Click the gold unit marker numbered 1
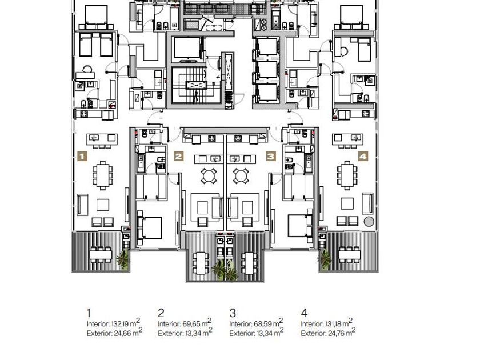pos(82,157)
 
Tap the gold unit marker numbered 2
pos(178,157)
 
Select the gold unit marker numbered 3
pos(271,157)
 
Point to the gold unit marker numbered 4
pos(363,157)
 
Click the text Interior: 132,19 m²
pos(113,323)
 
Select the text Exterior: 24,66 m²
pos(114,333)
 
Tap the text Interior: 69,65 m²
pos(185,323)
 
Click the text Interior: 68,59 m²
pos(256,323)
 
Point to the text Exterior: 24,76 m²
pos(328,333)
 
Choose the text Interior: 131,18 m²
pos(327,323)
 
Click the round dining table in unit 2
pos(209,176)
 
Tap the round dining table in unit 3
pos(241,176)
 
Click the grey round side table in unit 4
pos(369,221)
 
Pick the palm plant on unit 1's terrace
pos(123,259)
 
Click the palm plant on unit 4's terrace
pos(325,259)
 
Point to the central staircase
pos(196,85)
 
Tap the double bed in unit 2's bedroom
pos(150,228)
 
